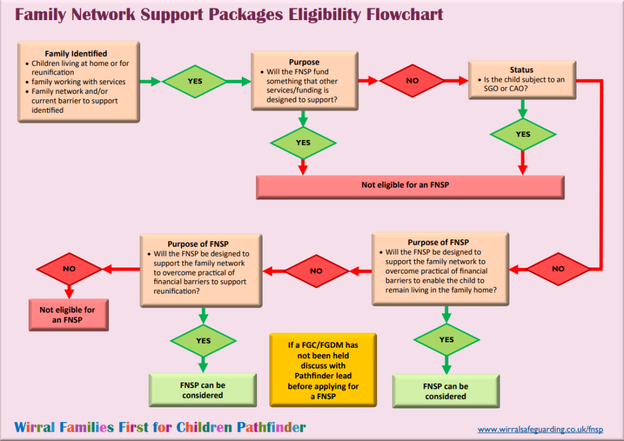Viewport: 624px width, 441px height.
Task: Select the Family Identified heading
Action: [76, 54]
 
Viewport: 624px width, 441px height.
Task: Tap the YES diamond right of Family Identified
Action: [194, 81]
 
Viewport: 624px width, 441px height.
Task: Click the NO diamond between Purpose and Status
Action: [412, 80]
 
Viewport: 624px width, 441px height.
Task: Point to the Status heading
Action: [521, 70]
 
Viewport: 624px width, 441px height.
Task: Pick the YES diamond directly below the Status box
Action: [522, 134]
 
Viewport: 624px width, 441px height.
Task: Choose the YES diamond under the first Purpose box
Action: [302, 143]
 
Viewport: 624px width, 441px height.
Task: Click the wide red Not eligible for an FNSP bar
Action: [410, 185]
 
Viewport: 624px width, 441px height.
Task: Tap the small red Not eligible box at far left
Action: [68, 314]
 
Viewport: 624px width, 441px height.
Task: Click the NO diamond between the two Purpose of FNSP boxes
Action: [316, 270]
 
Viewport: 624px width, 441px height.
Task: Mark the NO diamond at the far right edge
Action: [558, 268]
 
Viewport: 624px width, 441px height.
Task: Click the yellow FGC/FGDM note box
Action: [323, 370]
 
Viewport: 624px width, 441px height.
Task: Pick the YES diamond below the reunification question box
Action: [203, 340]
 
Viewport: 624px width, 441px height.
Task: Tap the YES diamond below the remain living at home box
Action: [446, 339]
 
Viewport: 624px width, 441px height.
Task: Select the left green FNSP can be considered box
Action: [203, 390]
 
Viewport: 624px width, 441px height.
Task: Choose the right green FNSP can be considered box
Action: [445, 391]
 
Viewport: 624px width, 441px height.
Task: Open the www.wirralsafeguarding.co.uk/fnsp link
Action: [540, 429]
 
